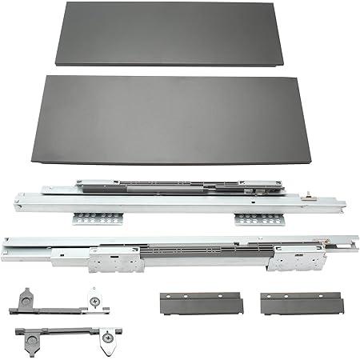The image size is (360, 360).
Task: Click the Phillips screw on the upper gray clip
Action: click(95, 301)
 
